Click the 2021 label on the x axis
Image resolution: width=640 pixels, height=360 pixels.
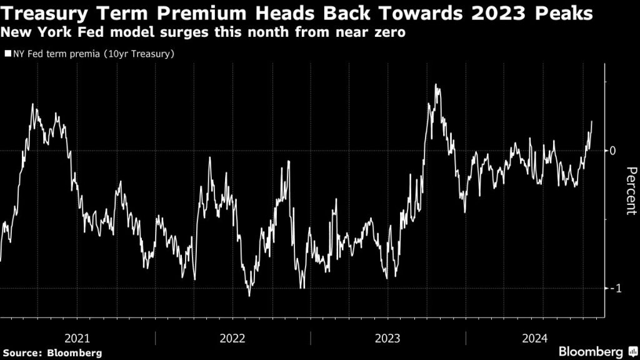[77, 338]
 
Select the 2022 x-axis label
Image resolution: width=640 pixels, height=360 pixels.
[232, 338]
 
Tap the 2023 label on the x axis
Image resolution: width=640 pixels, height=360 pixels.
[387, 338]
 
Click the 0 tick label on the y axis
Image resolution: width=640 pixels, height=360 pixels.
[613, 151]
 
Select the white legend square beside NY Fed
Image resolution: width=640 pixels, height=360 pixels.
[7, 54]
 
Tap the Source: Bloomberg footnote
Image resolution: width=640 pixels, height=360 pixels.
[52, 352]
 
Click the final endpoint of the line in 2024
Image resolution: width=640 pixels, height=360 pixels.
[591, 122]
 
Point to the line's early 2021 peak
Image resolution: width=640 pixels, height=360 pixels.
[32, 104]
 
